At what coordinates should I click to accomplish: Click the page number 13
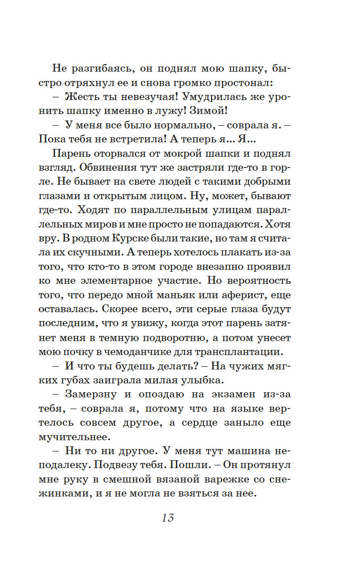[x=168, y=517]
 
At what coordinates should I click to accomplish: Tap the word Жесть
[x=82, y=98]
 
